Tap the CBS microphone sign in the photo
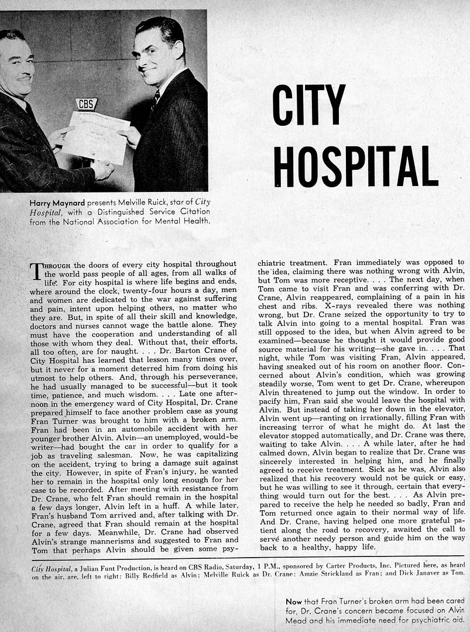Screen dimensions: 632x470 pyautogui.click(x=86, y=105)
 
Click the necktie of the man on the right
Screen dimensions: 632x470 pyautogui.click(x=155, y=102)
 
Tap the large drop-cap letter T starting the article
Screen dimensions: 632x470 pyautogui.click(x=36, y=271)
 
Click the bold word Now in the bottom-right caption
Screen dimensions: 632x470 pyautogui.click(x=294, y=601)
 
